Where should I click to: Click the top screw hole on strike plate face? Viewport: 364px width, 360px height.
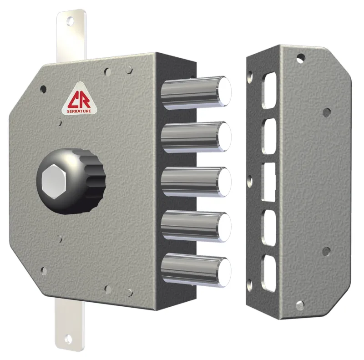[301, 58]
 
